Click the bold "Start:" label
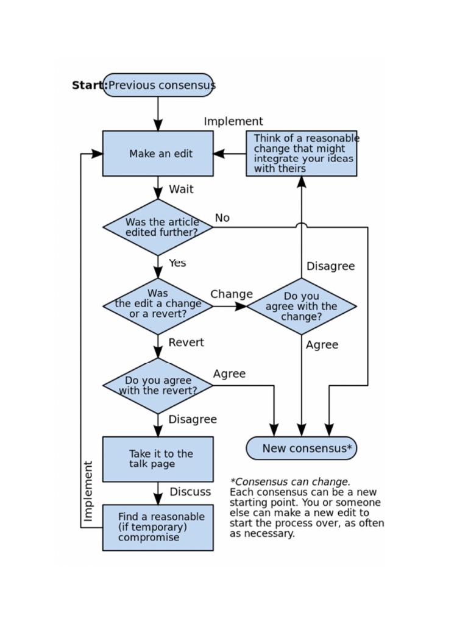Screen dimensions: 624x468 (x=89, y=85)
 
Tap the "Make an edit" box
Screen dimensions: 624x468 (x=158, y=154)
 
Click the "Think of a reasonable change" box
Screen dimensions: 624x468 (x=301, y=154)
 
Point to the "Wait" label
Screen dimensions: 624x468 (x=181, y=190)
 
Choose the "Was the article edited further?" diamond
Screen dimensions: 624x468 (x=158, y=227)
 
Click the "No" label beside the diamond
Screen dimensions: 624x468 (x=222, y=218)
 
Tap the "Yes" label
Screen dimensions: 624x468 (x=177, y=263)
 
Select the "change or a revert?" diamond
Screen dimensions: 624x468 (x=158, y=306)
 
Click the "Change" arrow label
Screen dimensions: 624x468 (x=232, y=294)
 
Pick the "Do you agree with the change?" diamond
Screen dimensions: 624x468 (x=301, y=306)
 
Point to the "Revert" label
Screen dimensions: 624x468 (x=186, y=343)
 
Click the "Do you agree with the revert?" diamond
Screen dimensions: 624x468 (x=158, y=386)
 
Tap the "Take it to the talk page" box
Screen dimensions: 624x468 (x=158, y=459)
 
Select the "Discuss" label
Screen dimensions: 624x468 (x=190, y=492)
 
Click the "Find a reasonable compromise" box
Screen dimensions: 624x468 (x=158, y=527)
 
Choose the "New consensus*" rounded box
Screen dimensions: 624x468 (x=301, y=448)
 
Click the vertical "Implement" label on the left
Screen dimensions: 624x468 (x=89, y=491)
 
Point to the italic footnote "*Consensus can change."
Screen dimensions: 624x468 (x=290, y=482)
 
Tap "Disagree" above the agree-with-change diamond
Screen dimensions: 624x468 (x=330, y=266)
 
